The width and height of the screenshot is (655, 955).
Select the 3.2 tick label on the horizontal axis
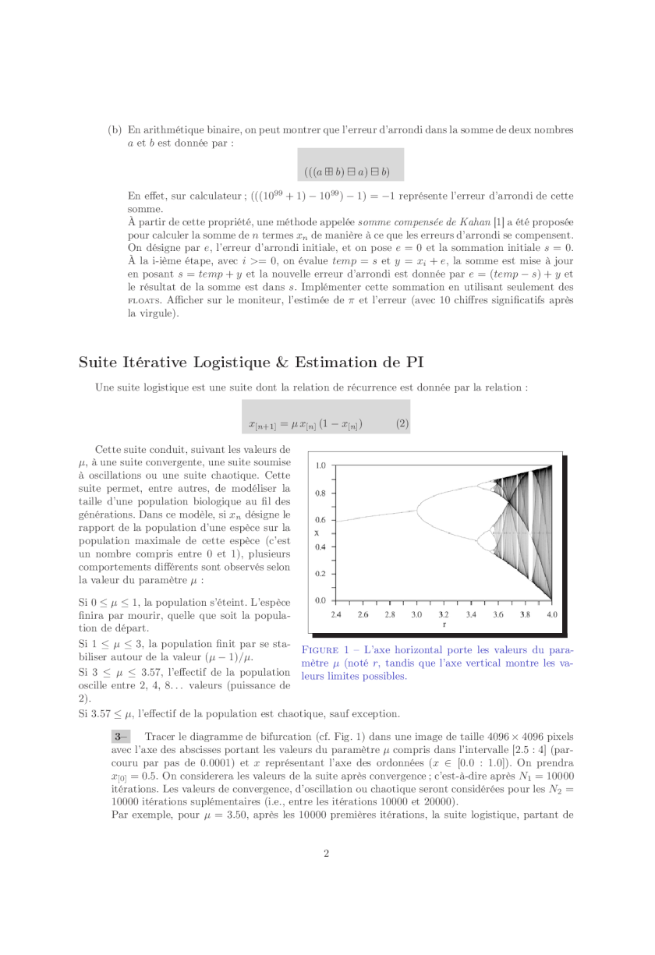444,614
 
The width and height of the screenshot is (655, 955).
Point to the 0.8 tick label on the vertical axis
320,493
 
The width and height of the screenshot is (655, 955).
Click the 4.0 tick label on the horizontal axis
552,614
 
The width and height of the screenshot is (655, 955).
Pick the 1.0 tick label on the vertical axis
320,465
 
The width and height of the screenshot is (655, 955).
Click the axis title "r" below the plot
444,624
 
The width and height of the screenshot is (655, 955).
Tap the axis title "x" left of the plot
317,533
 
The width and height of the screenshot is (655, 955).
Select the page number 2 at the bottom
327,853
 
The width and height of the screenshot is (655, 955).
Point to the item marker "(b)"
114,129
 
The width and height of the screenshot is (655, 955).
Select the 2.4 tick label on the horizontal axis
336,614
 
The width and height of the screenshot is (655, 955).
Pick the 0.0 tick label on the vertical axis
320,601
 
